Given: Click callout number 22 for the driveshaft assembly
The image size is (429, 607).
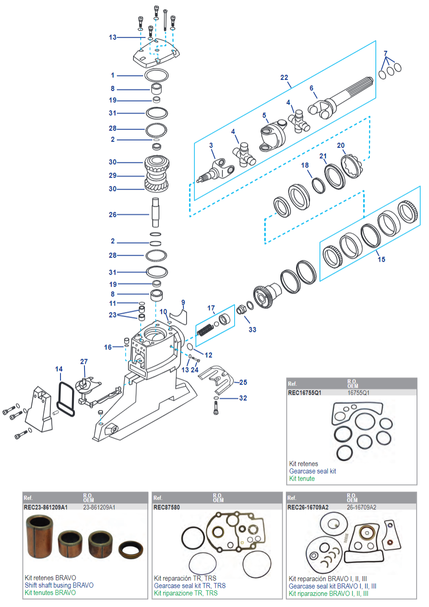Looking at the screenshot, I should [284, 78].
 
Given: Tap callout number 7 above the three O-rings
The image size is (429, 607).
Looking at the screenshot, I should [386, 54].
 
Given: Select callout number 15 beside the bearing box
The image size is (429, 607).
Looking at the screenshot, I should [381, 259].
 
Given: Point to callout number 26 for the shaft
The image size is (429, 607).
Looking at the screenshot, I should [113, 215].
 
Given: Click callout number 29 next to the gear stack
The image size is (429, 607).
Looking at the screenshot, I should [113, 176].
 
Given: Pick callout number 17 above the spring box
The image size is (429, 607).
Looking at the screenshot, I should [211, 308].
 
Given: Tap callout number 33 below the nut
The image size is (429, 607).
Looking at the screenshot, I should [252, 330].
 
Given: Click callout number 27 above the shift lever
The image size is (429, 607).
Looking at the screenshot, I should [84, 362].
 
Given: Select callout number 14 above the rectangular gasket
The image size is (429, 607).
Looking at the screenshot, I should [59, 369].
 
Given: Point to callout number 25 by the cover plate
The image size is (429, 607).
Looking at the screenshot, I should [243, 382].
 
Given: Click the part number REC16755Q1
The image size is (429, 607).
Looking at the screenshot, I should [304, 393].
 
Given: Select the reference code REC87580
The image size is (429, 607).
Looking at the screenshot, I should [166, 507].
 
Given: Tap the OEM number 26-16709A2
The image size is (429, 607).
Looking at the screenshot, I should [361, 507].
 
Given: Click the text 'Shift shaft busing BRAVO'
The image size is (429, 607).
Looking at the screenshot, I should [59, 585].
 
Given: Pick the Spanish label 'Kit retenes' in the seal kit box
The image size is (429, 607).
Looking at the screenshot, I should [303, 464].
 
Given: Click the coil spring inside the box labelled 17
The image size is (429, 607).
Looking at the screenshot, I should [205, 330].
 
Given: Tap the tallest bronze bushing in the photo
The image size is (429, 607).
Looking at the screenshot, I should [39, 537].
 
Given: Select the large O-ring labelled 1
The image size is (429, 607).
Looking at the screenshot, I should [157, 75].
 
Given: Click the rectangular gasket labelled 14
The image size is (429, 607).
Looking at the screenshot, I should [66, 399].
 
